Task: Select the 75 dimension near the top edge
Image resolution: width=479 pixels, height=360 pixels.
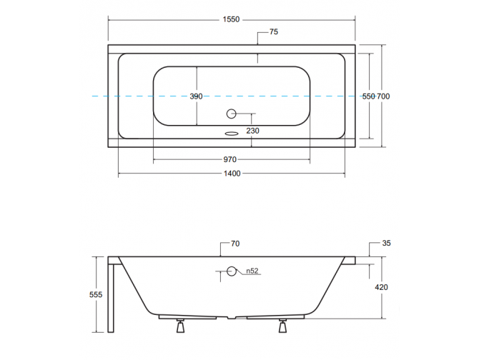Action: [x=274, y=31]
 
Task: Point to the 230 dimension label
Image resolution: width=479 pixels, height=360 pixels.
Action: [x=252, y=131]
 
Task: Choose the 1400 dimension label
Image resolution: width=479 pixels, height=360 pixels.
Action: [x=232, y=174]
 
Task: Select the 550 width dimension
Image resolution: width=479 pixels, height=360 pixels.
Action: [x=368, y=96]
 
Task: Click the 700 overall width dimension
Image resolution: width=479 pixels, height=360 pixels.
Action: [x=384, y=96]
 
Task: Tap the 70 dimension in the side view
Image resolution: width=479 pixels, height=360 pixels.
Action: [x=235, y=244]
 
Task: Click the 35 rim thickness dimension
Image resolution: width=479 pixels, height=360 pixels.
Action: [x=387, y=244]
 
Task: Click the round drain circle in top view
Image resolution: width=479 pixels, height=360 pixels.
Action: [x=231, y=113]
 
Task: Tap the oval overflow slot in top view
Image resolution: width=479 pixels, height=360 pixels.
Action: [x=231, y=132]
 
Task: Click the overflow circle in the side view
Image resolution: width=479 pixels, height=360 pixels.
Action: [x=231, y=271]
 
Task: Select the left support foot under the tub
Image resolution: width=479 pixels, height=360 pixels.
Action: [x=180, y=326]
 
